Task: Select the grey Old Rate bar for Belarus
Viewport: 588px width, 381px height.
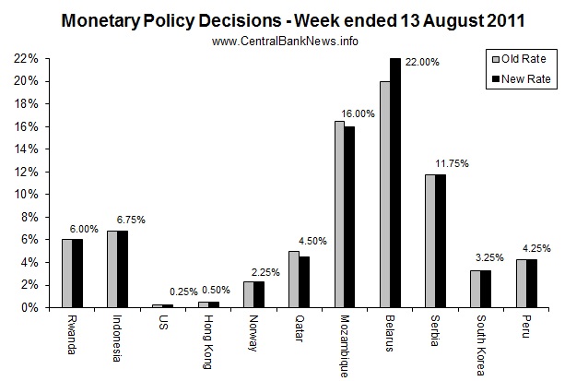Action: tap(385, 194)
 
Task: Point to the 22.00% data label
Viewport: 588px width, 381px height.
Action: tap(425, 62)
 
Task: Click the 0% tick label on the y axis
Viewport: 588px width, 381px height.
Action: tap(29, 307)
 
